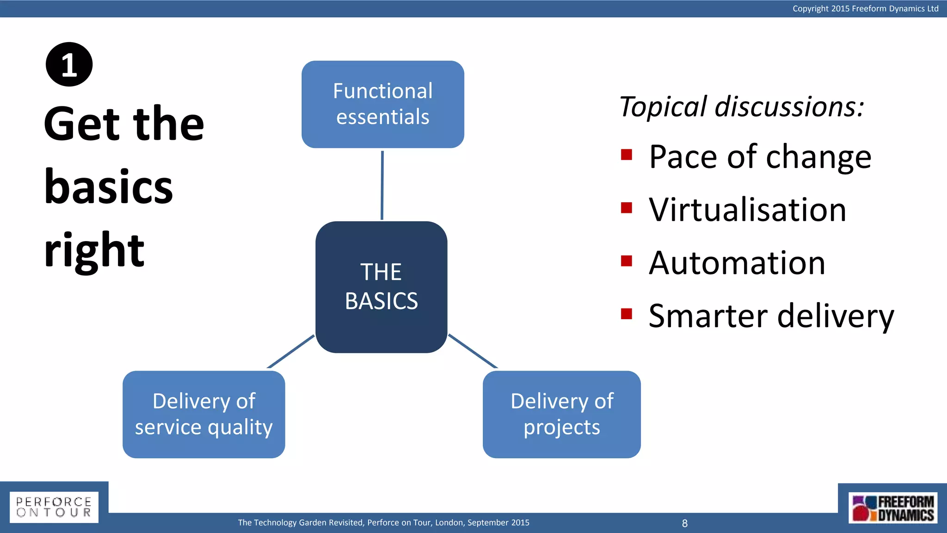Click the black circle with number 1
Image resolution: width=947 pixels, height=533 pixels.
click(x=69, y=64)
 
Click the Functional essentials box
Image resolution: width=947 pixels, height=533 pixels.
click(x=382, y=104)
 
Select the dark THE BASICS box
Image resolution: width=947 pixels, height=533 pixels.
click(x=381, y=287)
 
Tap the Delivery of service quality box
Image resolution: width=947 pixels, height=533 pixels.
click(x=203, y=414)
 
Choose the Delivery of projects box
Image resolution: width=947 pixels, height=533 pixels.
click(x=561, y=414)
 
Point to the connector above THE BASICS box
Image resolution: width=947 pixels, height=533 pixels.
click(x=382, y=185)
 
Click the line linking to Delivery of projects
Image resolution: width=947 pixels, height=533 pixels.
click(x=473, y=351)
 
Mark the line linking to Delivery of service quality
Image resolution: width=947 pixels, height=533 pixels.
click(x=291, y=352)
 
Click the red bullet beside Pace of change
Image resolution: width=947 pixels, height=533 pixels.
click(x=627, y=155)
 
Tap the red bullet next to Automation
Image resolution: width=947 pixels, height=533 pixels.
click(x=627, y=261)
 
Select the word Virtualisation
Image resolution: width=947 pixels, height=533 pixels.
click(x=747, y=210)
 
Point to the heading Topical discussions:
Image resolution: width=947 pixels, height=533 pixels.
click(x=741, y=106)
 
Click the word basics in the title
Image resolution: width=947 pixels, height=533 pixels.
click(x=109, y=187)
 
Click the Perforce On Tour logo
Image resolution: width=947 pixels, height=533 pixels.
click(x=54, y=507)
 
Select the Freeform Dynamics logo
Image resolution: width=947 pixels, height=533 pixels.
click(x=892, y=508)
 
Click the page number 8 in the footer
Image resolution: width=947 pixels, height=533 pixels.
click(x=685, y=523)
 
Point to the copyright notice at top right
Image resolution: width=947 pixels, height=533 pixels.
click(x=865, y=8)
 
